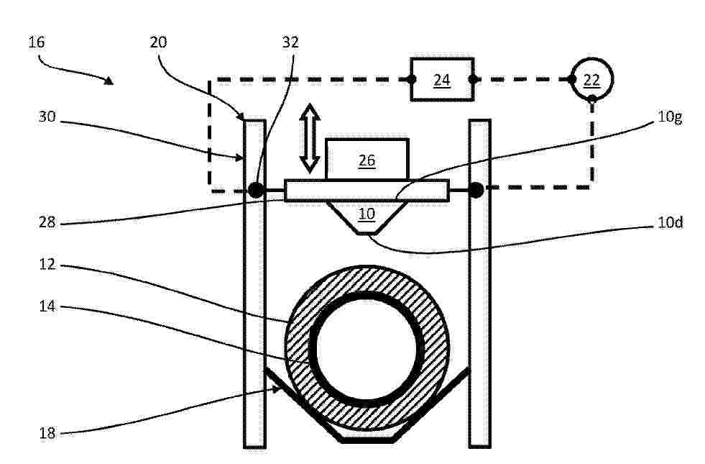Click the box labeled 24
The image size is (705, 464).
pyautogui.click(x=442, y=80)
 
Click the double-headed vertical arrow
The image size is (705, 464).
pyautogui.click(x=310, y=138)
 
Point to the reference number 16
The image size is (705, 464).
pyautogui.click(x=37, y=42)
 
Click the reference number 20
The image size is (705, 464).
pyautogui.click(x=158, y=42)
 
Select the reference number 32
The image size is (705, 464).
pyautogui.click(x=290, y=42)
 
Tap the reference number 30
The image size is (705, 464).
pyautogui.click(x=47, y=117)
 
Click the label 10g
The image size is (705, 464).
pyautogui.click(x=670, y=117)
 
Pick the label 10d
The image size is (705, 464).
pyautogui.click(x=671, y=222)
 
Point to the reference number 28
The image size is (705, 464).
pyautogui.click(x=47, y=222)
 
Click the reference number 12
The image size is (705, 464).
pyautogui.click(x=47, y=264)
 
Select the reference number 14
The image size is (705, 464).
pyautogui.click(x=47, y=306)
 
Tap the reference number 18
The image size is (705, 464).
pyautogui.click(x=47, y=433)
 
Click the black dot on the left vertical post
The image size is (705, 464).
pyautogui.click(x=256, y=190)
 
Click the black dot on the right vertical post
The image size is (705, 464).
pyautogui.click(x=476, y=190)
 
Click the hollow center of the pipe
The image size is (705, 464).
pyautogui.click(x=367, y=348)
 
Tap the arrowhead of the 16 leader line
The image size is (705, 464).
pyautogui.click(x=109, y=81)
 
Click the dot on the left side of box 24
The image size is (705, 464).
pyautogui.click(x=411, y=80)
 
